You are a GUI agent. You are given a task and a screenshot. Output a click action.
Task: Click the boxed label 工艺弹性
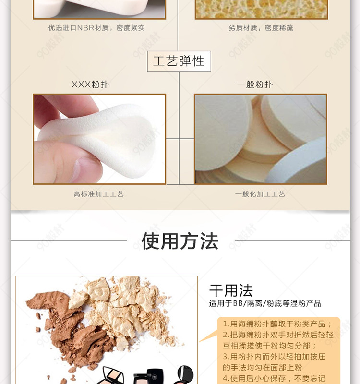click(179, 61)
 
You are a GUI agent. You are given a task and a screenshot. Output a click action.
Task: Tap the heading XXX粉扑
click(90, 84)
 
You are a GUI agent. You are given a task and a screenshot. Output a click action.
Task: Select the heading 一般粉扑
click(255, 84)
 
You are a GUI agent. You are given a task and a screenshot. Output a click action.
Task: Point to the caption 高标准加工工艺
click(99, 194)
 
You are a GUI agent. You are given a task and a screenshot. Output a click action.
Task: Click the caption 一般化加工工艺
click(260, 194)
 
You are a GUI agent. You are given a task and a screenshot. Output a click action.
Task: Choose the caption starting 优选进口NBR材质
click(96, 28)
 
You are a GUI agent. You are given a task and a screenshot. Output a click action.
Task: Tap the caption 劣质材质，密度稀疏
click(261, 28)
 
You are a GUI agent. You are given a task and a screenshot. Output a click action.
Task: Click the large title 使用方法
click(180, 241)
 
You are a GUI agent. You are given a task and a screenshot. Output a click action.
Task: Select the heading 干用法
click(231, 290)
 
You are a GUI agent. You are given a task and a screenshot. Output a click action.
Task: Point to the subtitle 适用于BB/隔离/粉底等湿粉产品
click(265, 304)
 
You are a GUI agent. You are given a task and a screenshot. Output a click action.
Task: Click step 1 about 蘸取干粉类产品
click(277, 324)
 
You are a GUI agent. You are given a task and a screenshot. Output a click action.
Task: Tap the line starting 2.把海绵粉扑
click(278, 335)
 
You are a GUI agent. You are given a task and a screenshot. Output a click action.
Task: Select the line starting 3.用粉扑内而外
click(274, 357)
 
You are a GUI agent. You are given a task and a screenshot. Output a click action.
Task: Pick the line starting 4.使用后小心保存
click(274, 378)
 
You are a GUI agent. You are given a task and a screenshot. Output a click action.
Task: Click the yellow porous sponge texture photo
click(261, 9)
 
